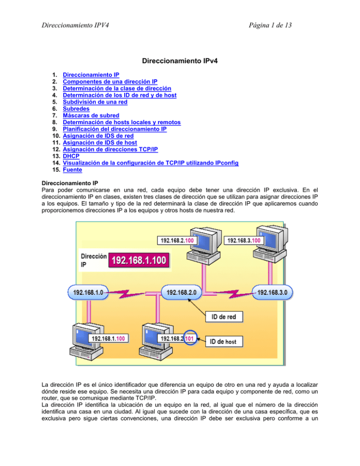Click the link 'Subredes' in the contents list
[76, 107]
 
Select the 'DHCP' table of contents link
[72, 156]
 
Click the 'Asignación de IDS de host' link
[105, 142]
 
